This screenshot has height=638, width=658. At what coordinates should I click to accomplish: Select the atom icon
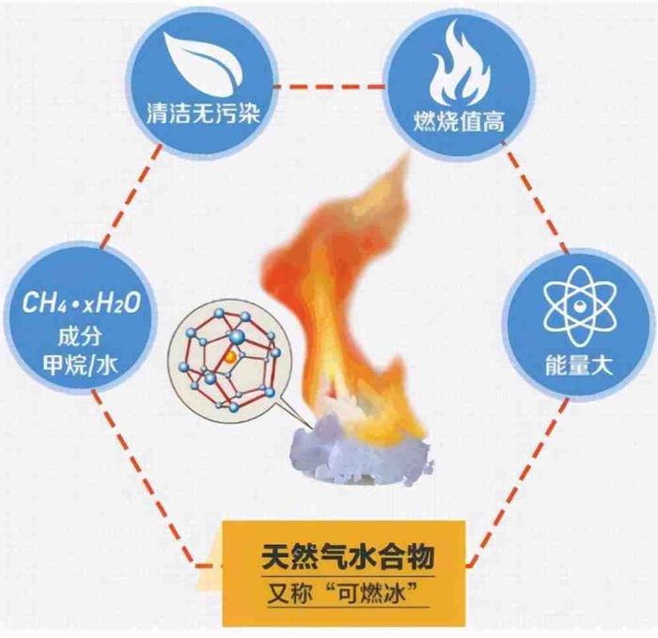(580, 306)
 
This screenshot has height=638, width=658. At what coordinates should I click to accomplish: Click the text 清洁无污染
(203, 114)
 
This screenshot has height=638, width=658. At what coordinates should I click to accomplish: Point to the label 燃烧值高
(459, 122)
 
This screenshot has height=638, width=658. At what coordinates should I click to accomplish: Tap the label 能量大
(580, 365)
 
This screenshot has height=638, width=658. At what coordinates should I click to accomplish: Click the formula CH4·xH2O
(81, 303)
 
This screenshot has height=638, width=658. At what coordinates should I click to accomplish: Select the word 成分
(80, 336)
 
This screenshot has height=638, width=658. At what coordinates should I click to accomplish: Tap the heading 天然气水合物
(348, 557)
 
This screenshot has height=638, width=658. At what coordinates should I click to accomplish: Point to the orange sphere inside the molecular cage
(230, 357)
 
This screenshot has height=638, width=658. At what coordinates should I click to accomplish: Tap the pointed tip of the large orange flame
(407, 152)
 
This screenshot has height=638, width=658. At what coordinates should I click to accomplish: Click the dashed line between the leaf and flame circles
(330, 87)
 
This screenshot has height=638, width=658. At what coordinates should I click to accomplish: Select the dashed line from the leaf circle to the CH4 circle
(131, 195)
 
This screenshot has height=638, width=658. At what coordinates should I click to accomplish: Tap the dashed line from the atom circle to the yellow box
(517, 482)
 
